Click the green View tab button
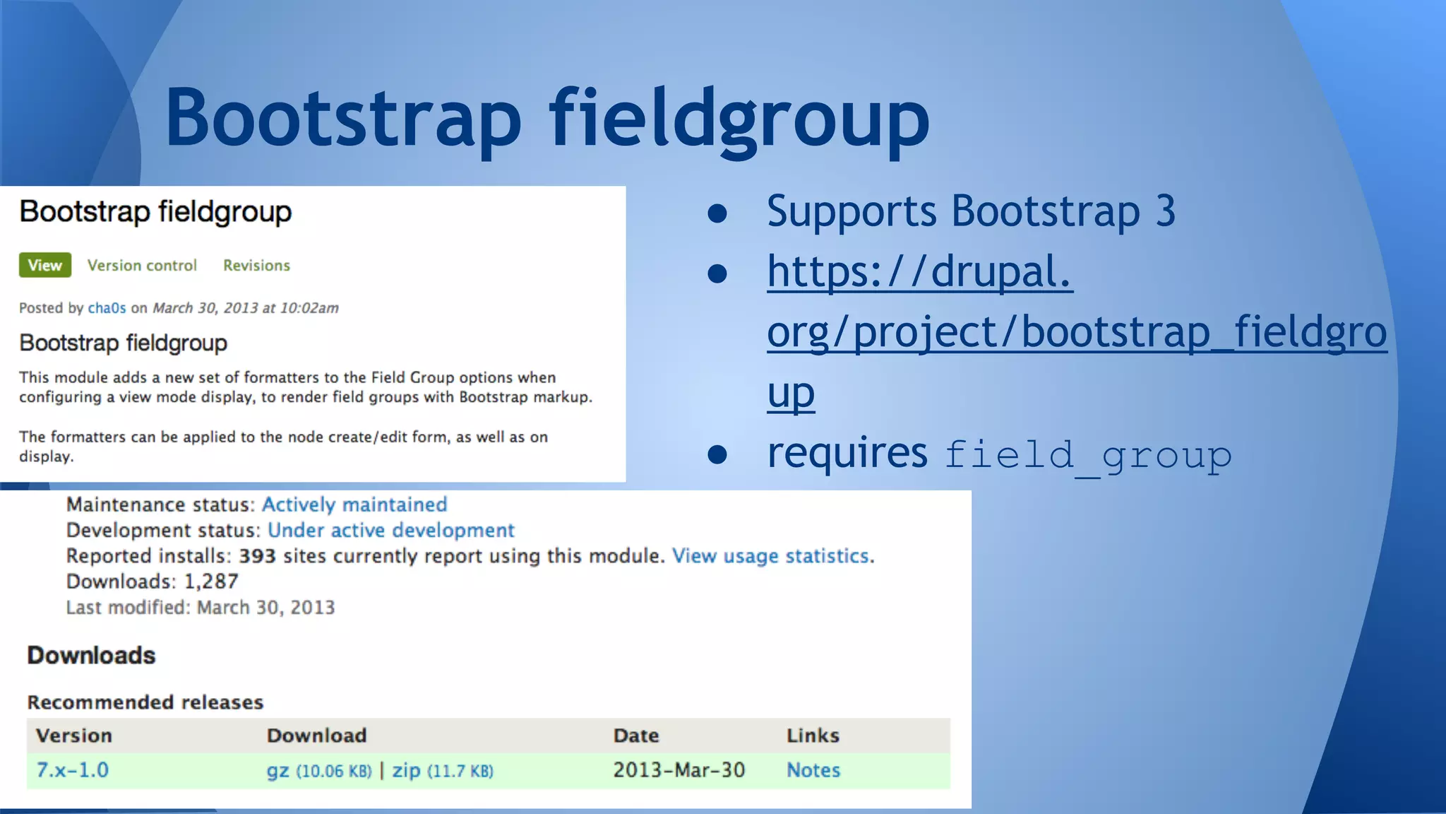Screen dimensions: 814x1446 (44, 265)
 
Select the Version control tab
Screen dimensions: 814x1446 (142, 266)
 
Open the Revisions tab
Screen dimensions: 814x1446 (256, 266)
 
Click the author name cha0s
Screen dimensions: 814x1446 (107, 308)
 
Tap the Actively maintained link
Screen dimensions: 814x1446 (354, 505)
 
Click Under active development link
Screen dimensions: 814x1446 (390, 530)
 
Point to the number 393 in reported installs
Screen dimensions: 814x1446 (257, 556)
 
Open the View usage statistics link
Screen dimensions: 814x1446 (770, 556)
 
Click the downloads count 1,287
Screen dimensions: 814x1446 (211, 582)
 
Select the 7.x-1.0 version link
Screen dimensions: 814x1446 (73, 769)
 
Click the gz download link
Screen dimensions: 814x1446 (277, 771)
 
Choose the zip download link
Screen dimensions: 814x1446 (406, 770)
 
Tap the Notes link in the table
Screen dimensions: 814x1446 (813, 769)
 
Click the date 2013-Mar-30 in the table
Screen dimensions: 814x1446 (679, 769)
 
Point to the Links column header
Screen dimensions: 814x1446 (813, 736)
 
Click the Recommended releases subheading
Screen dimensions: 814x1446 (145, 702)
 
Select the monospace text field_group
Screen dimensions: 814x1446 (1087, 455)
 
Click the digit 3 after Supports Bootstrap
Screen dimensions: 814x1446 (1165, 211)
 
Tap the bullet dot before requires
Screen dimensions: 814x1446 (717, 454)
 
